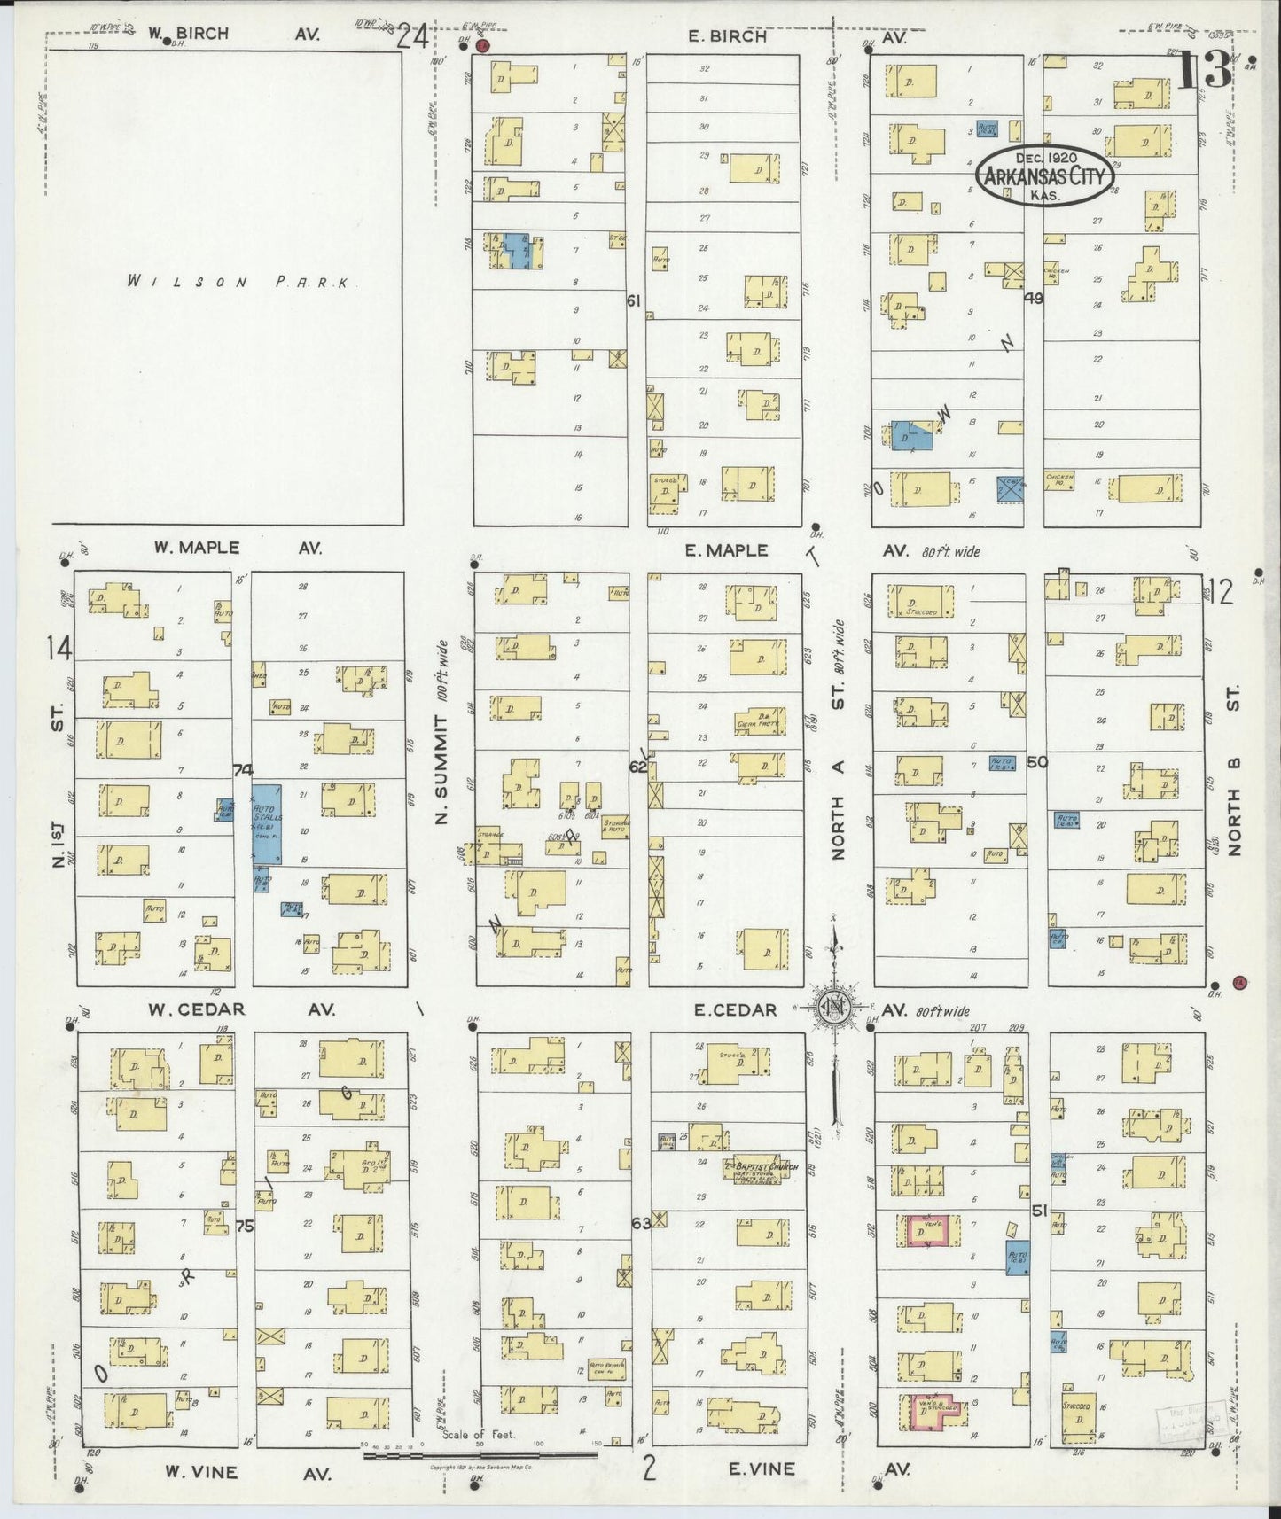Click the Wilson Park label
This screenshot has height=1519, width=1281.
tap(239, 283)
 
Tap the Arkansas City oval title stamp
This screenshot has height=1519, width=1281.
tap(1045, 176)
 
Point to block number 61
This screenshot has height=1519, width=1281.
tap(633, 301)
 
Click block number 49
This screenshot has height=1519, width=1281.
tap(1033, 299)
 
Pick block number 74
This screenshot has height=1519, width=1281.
tap(242, 771)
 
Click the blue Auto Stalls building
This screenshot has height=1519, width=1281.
tap(267, 823)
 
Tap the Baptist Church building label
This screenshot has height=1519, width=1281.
tap(762, 1167)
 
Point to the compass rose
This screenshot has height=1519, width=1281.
tap(832, 1008)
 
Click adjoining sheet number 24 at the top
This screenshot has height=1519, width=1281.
tap(412, 38)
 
